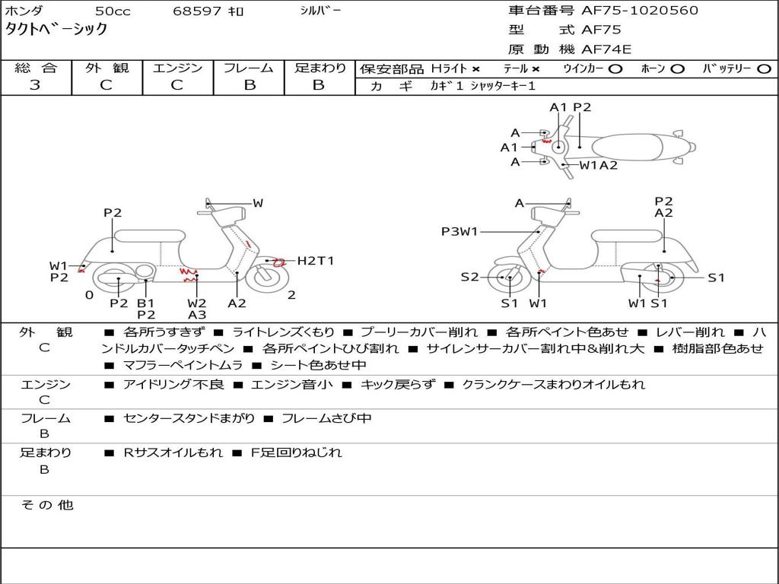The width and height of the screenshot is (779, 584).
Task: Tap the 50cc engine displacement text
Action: coord(112,11)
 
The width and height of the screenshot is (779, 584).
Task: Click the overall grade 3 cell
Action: coord(35,85)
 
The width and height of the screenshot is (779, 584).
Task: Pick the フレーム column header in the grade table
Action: coord(249,68)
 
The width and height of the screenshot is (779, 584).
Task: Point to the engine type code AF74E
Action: coord(606,49)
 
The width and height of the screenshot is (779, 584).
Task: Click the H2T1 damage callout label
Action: coord(315,261)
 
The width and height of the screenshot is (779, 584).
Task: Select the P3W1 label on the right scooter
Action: coord(459,231)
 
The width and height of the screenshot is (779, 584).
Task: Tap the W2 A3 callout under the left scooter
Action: coord(197,309)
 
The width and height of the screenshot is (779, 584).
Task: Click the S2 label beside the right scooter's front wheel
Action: coord(469,278)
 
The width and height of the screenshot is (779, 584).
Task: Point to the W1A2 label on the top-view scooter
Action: coord(599,165)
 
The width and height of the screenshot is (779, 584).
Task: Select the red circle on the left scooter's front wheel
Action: coord(278,262)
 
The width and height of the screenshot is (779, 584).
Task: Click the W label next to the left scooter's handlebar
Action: coord(258,203)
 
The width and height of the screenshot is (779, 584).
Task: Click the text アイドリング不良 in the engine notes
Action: coord(173,385)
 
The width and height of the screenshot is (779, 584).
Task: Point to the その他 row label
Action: coord(46,505)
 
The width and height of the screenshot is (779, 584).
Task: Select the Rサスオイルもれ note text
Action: coord(173,452)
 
